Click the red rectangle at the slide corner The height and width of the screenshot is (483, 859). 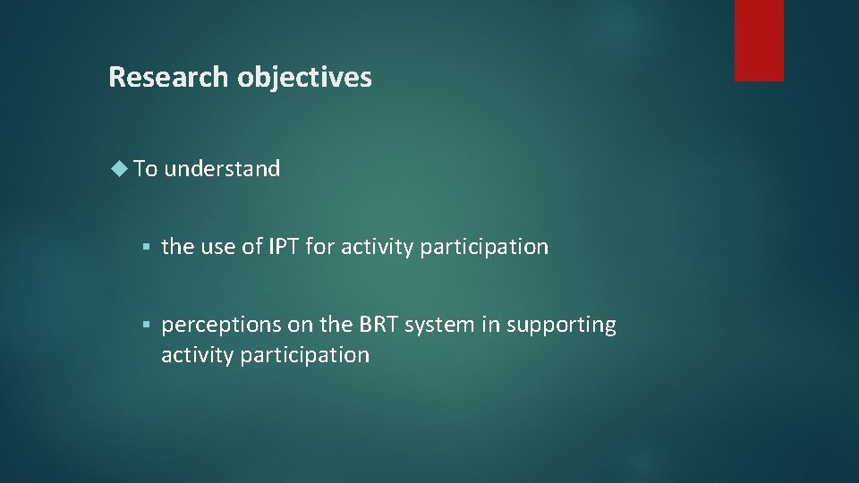pyautogui.click(x=759, y=40)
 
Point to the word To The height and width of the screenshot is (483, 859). pyautogui.click(x=146, y=168)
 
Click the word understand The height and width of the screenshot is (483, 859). pyautogui.click(x=222, y=168)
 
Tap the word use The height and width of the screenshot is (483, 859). pyautogui.click(x=217, y=247)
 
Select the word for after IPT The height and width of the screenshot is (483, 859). pyautogui.click(x=319, y=247)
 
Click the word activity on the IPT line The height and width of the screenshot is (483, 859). pyautogui.click(x=373, y=247)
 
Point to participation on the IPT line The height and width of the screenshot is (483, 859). pyautogui.click(x=481, y=247)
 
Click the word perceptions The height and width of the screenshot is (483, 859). pyautogui.click(x=219, y=325)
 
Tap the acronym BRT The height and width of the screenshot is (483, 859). pyautogui.click(x=379, y=325)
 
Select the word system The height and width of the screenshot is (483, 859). pyautogui.click(x=437, y=325)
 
